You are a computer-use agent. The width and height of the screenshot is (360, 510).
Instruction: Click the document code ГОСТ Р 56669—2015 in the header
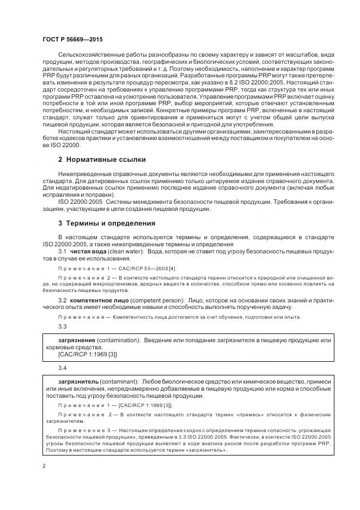point(72,40)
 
